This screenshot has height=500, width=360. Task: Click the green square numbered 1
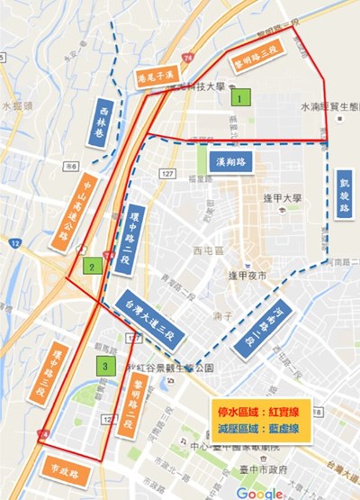click(238, 95)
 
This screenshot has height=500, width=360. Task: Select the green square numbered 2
click(91, 266)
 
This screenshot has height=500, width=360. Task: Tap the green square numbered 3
click(106, 366)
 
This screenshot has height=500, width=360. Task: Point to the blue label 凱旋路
click(344, 194)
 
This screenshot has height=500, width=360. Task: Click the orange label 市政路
click(66, 469)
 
